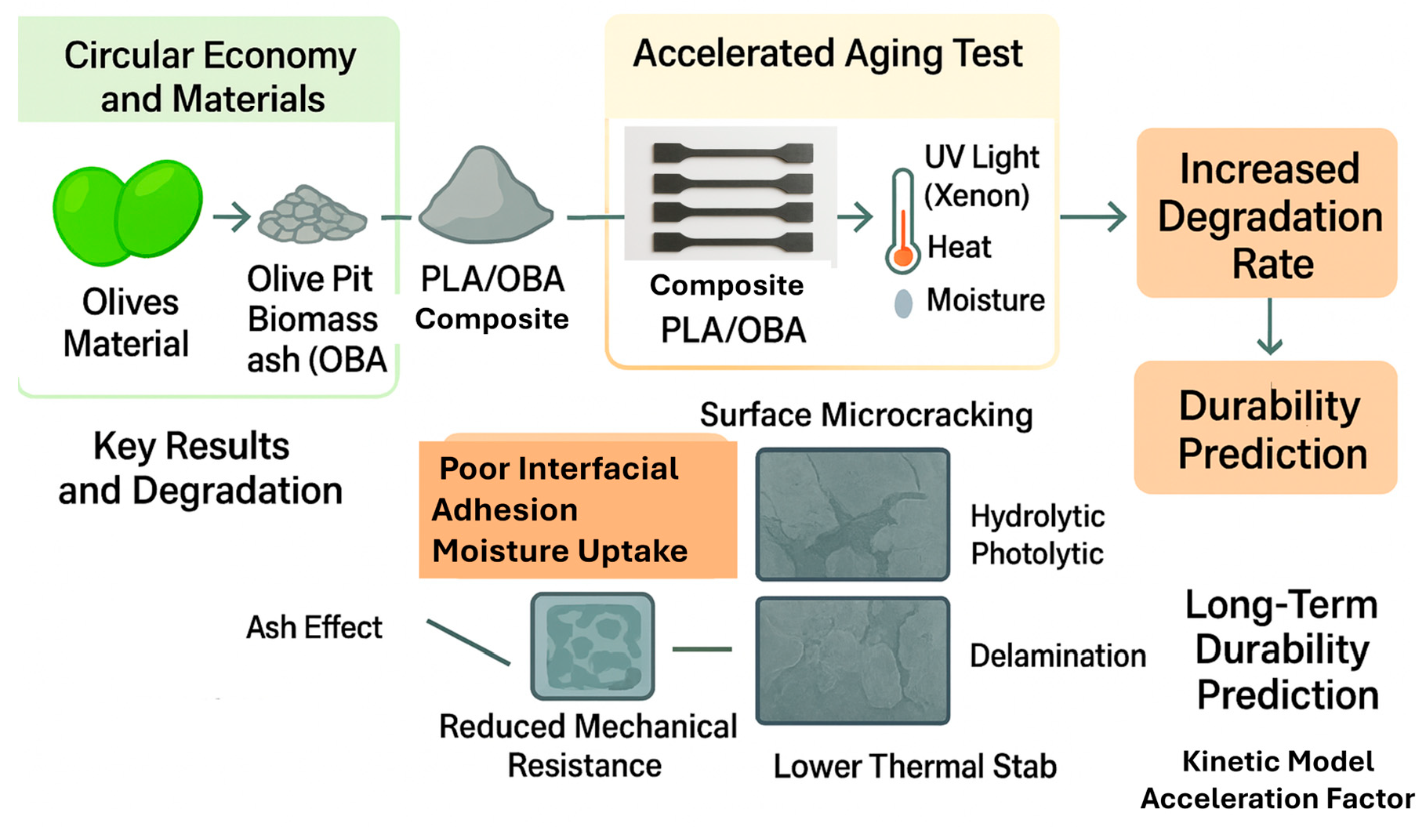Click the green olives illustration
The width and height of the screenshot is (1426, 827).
(128, 212)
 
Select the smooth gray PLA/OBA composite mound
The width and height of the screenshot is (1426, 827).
(486, 198)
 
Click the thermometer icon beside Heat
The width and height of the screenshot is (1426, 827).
(903, 223)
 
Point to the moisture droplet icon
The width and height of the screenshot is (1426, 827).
(903, 303)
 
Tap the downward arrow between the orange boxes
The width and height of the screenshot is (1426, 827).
(1269, 327)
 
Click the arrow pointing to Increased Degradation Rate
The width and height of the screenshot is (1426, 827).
(1094, 216)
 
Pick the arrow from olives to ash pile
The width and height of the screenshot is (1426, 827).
(231, 216)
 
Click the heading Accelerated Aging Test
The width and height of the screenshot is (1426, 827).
(828, 55)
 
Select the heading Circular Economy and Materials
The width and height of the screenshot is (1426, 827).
(210, 76)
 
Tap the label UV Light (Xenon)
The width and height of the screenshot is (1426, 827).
(980, 176)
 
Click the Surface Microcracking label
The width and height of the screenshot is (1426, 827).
(866, 415)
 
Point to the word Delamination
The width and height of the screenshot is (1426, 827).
(1058, 656)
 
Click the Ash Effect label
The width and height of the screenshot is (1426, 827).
(314, 627)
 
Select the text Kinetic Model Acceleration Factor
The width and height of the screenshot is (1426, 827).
(1278, 780)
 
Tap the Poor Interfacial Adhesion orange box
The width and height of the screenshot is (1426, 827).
(578, 510)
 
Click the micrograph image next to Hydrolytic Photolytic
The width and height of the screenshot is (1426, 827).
(853, 514)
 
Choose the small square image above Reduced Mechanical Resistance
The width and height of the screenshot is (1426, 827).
(593, 646)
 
